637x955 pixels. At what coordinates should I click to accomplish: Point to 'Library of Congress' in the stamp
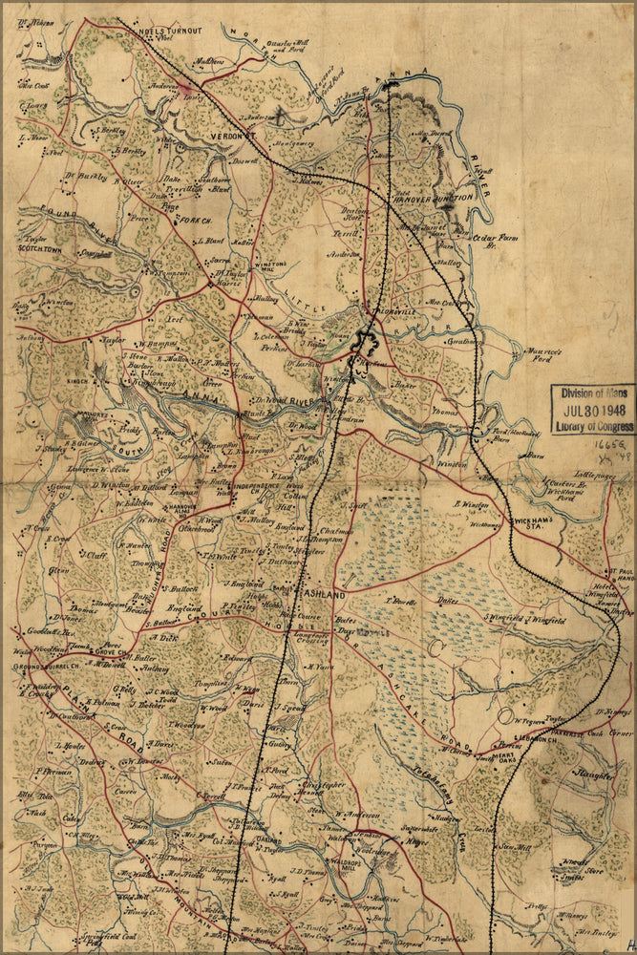(592, 426)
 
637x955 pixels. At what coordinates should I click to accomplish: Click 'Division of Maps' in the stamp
(592, 393)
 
